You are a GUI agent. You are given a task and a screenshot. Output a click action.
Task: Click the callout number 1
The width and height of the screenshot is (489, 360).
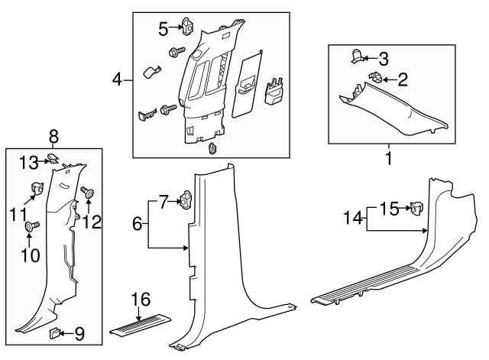point(389,160)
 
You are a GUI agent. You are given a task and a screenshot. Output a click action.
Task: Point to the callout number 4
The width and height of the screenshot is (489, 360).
point(118,79)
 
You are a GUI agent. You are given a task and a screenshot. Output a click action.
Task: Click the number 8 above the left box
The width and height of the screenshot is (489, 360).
point(54,138)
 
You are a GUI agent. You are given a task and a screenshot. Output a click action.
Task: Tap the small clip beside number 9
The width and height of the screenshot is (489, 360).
point(55,332)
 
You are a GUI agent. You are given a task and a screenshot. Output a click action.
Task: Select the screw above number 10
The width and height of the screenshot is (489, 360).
point(31,226)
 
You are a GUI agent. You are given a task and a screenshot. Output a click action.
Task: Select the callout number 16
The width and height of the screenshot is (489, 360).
point(140,299)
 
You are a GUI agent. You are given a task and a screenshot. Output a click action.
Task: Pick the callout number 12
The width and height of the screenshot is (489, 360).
point(93,221)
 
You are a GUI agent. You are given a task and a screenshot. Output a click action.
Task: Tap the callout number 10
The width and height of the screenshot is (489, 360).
point(30,255)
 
